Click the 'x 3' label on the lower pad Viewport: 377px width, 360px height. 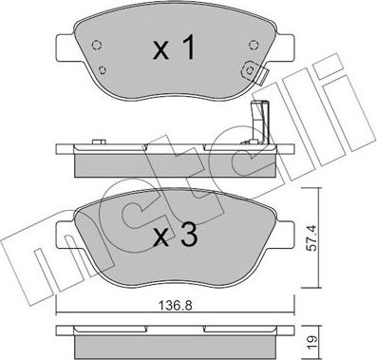pos(176,237)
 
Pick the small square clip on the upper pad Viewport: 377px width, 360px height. pos(249,68)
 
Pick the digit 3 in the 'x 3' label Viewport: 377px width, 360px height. pos(190,237)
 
